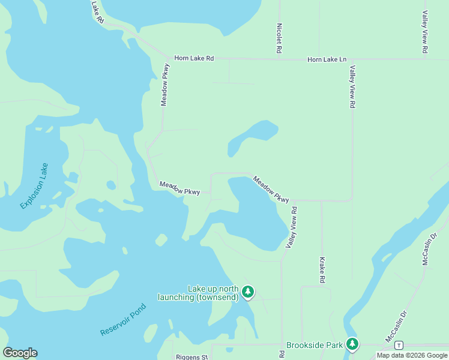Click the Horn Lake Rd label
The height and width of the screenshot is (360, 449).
(x=194, y=58)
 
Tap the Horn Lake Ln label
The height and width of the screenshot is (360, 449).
(x=327, y=59)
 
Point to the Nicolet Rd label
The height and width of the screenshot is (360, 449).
(x=279, y=38)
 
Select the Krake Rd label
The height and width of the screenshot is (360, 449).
(x=322, y=271)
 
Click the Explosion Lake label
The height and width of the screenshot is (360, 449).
(x=34, y=185)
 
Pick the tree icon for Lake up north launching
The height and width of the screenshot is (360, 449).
(x=248, y=292)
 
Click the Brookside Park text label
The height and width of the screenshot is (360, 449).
(x=315, y=345)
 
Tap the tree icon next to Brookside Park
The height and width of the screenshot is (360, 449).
(x=352, y=344)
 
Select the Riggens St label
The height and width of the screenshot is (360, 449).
(x=191, y=357)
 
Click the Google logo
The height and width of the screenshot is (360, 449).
(x=20, y=353)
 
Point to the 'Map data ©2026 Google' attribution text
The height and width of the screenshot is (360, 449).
(x=412, y=355)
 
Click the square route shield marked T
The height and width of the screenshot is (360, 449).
(x=399, y=345)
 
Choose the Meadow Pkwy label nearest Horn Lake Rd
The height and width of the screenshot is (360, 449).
(x=166, y=85)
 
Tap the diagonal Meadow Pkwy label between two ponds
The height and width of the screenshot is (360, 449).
(x=271, y=188)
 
